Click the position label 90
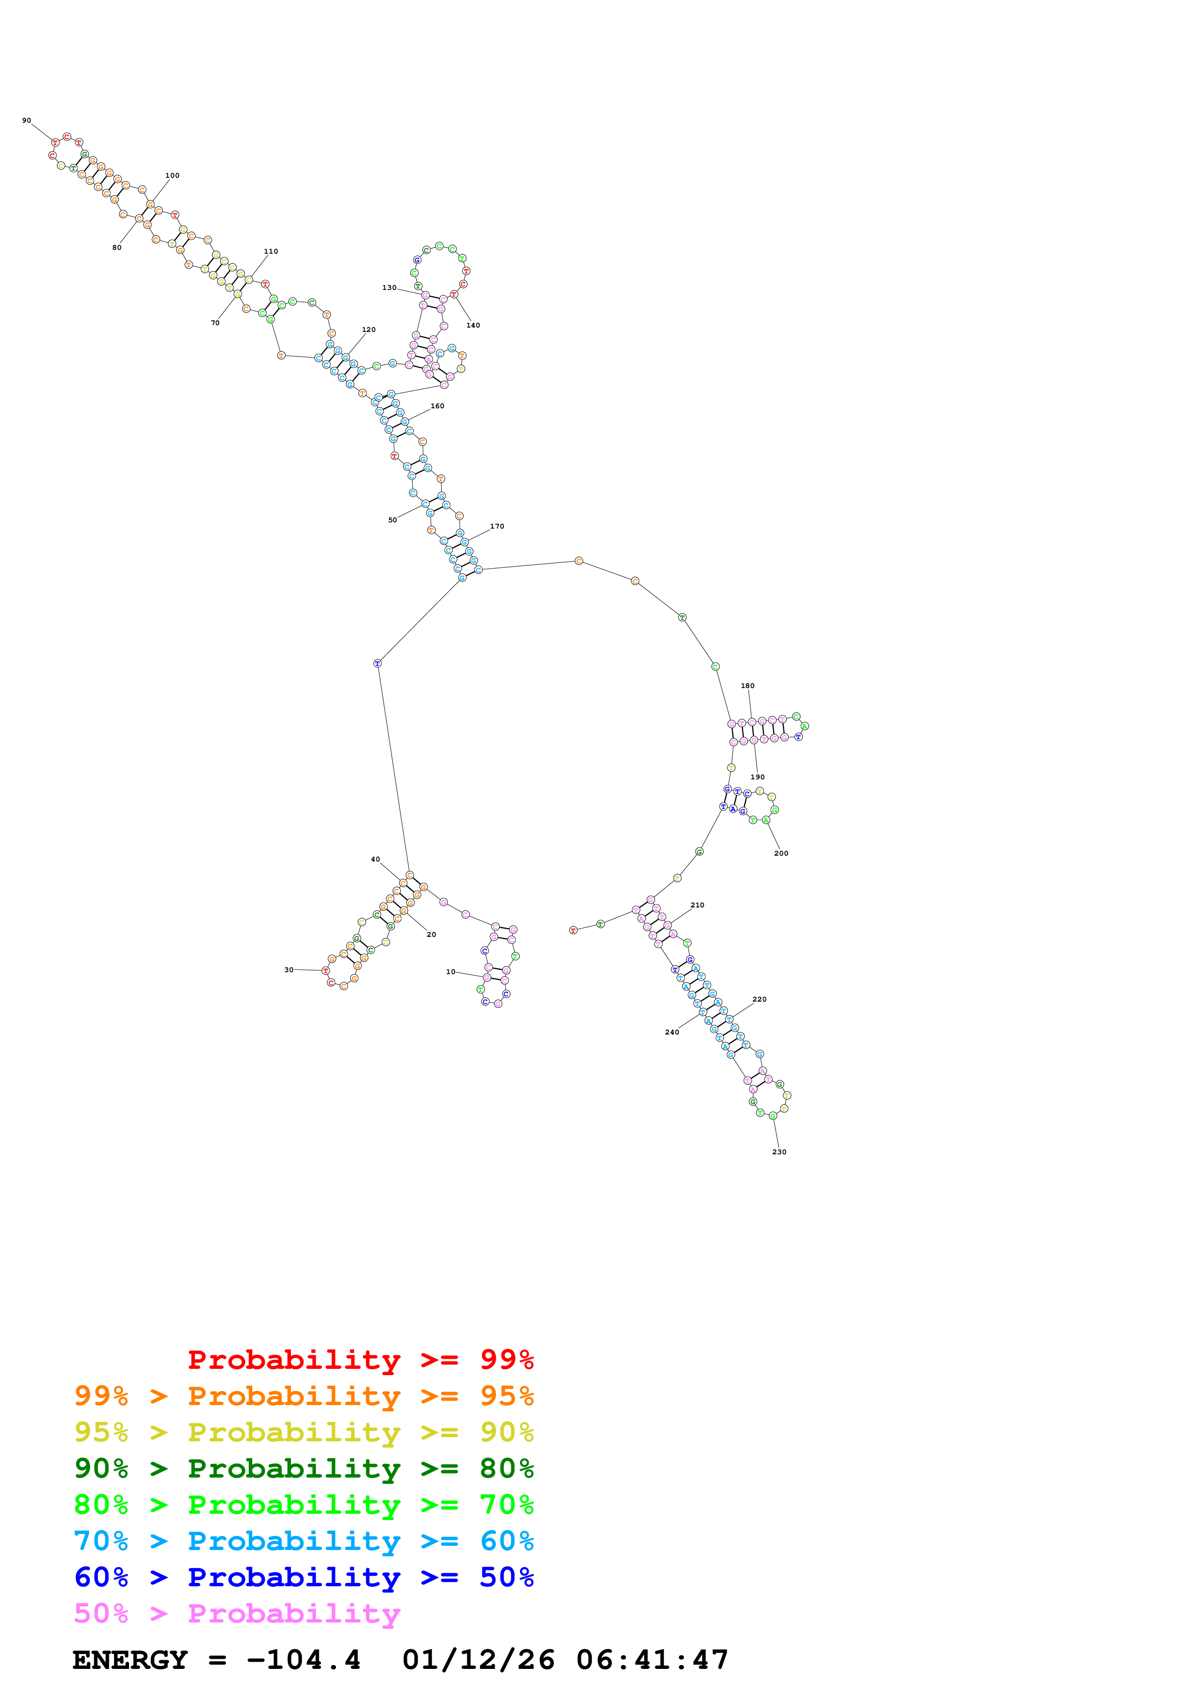pyautogui.click(x=27, y=120)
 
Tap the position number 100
pyautogui.click(x=172, y=176)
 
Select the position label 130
pyautogui.click(x=389, y=288)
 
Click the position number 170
pyautogui.click(x=497, y=526)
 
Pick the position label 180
pyautogui.click(x=748, y=686)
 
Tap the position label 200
pyautogui.click(x=781, y=853)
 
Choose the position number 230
pyautogui.click(x=779, y=1151)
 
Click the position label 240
pyautogui.click(x=672, y=1032)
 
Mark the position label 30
pyautogui.click(x=289, y=970)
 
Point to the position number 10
pyautogui.click(x=450, y=972)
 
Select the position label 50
pyautogui.click(x=393, y=520)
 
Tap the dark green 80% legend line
pyautogui.click(x=304, y=1468)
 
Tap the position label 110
pyautogui.click(x=271, y=252)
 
